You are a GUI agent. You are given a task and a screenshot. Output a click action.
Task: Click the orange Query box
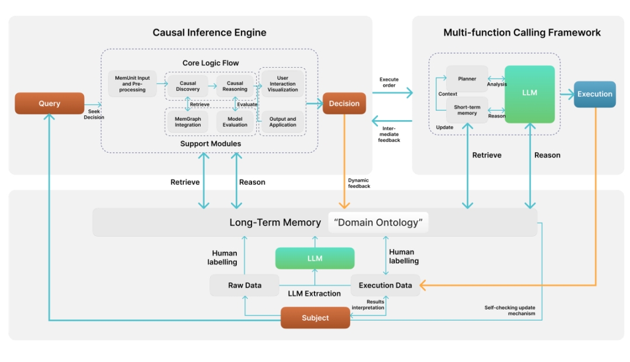[x=50, y=103]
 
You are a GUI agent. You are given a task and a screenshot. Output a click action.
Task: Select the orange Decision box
[x=344, y=103]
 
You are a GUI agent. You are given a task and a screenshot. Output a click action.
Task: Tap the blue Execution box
[x=594, y=94]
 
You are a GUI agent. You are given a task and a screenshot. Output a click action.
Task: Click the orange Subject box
[x=316, y=318]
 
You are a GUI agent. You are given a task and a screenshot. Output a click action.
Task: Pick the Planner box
[x=467, y=79]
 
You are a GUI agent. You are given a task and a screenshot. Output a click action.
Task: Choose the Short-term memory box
[x=467, y=110]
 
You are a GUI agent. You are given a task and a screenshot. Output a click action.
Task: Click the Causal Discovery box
[x=188, y=86]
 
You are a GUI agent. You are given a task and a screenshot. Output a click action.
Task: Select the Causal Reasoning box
[x=235, y=86]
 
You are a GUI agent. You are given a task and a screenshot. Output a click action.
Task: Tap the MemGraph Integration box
[x=188, y=122]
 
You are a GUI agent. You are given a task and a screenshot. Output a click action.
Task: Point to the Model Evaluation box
[x=235, y=122]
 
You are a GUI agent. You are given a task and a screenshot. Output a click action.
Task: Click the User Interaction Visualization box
[x=282, y=84]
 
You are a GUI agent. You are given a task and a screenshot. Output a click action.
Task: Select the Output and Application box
[x=282, y=122]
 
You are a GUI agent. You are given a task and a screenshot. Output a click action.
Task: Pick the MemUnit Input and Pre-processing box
[x=132, y=83]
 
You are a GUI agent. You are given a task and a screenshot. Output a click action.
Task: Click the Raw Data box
[x=244, y=286]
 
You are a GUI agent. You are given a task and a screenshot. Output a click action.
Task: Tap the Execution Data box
[x=386, y=286]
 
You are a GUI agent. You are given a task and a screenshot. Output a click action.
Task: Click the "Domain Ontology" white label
[x=378, y=222]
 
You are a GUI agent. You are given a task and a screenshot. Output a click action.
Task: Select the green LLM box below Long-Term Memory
[x=315, y=258]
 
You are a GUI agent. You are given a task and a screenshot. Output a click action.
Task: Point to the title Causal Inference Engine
[x=209, y=33]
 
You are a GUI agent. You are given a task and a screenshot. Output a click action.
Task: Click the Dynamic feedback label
[x=359, y=183]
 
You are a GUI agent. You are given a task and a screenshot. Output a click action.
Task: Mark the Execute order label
[x=389, y=82]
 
